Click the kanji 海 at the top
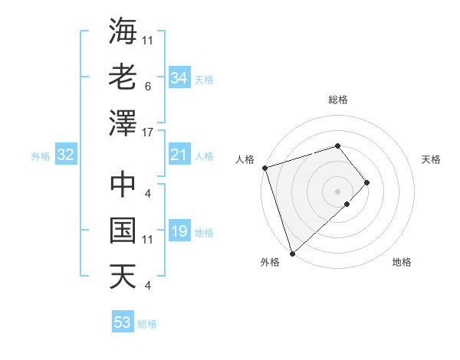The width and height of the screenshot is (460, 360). pyautogui.click(x=123, y=31)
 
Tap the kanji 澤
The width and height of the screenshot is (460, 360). pyautogui.click(x=123, y=123)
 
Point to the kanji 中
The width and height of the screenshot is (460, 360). pyautogui.click(x=123, y=185)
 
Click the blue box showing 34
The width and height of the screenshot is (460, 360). pyautogui.click(x=179, y=78)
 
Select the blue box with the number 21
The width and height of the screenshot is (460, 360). pyautogui.click(x=179, y=155)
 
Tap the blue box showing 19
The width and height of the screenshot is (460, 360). pyautogui.click(x=179, y=232)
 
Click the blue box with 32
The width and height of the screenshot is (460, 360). pyautogui.click(x=65, y=155)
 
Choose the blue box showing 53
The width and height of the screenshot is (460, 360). pyautogui.click(x=123, y=322)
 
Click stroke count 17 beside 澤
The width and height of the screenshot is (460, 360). pyautogui.click(x=148, y=132)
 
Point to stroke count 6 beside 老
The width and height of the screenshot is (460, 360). pyautogui.click(x=148, y=86)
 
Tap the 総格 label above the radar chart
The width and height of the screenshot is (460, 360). pyautogui.click(x=338, y=100)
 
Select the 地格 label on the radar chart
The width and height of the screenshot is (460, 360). pyautogui.click(x=402, y=262)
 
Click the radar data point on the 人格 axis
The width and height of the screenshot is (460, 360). pyautogui.click(x=264, y=167)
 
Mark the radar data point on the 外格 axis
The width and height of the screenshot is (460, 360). pyautogui.click(x=292, y=252)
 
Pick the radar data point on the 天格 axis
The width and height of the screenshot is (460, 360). pyautogui.click(x=367, y=182)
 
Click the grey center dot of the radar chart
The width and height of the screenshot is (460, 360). pyautogui.click(x=337, y=191)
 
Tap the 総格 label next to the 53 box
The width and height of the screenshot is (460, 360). pyautogui.click(x=147, y=324)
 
